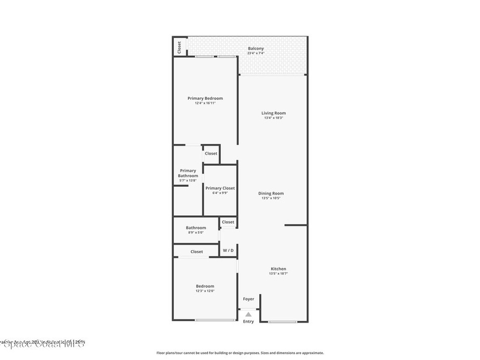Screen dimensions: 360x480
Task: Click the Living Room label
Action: click(x=273, y=113)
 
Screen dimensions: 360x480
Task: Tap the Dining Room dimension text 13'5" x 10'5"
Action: click(x=271, y=198)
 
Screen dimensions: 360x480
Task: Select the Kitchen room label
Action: click(x=278, y=269)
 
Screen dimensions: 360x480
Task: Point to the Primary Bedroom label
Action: click(x=205, y=98)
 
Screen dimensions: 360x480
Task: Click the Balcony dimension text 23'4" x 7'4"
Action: click(x=255, y=53)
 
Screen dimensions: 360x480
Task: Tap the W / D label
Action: click(x=228, y=251)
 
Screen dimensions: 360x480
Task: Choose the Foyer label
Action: click(x=248, y=299)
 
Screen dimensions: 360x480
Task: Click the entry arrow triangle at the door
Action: click(x=248, y=315)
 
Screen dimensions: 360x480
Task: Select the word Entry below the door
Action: click(x=248, y=322)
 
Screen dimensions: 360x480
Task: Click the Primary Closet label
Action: click(x=220, y=188)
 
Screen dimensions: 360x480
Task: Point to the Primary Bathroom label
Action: click(x=188, y=173)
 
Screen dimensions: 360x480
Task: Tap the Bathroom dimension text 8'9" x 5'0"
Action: click(x=195, y=232)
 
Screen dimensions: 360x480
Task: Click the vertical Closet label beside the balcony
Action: click(x=179, y=47)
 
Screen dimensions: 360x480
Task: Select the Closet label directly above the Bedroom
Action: click(x=197, y=252)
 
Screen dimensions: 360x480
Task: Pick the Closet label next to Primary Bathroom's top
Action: click(x=211, y=153)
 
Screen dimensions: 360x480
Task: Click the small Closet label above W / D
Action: click(x=228, y=222)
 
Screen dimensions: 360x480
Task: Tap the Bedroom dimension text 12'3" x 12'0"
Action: click(x=205, y=291)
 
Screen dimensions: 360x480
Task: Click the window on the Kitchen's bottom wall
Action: click(x=283, y=321)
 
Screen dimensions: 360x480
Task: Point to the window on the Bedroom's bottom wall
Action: click(x=215, y=320)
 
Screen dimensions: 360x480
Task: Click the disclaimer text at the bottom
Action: click(x=240, y=353)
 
